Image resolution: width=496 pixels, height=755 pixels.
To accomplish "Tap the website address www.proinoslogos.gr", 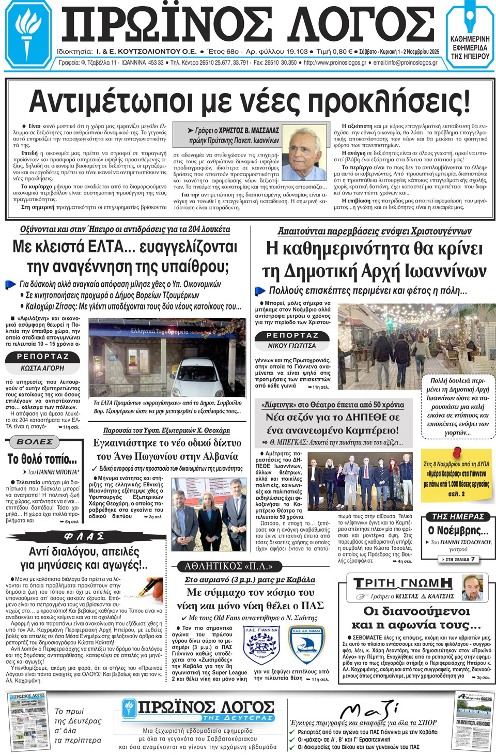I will [335, 63].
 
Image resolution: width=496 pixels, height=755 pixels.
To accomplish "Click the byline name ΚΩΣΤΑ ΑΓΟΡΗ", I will [42, 368].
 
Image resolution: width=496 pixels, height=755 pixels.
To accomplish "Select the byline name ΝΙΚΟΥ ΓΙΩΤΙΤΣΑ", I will [291, 345].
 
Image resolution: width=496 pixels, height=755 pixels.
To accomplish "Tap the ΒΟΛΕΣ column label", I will [35, 442].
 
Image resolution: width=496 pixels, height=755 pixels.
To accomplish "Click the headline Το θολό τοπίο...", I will [42, 459].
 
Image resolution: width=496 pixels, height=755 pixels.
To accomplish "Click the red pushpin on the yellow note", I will [456, 453].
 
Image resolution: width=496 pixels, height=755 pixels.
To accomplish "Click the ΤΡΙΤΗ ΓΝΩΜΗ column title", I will [403, 583].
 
